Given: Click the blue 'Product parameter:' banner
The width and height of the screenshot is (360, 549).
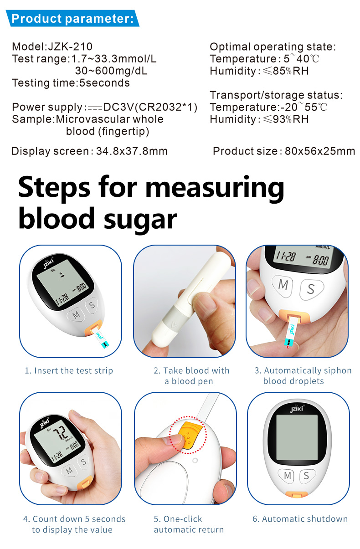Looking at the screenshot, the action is (72, 18).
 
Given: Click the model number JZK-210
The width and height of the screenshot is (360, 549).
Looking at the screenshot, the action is (70, 46).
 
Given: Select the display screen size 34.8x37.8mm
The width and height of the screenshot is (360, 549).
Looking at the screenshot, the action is (132, 151).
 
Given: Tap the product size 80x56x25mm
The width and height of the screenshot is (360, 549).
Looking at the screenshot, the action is (320, 151).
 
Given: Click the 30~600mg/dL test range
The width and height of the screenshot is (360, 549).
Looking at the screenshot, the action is (111, 71).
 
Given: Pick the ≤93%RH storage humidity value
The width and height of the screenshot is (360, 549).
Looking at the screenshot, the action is (286, 119).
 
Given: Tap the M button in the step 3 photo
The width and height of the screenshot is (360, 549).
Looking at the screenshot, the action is (283, 286).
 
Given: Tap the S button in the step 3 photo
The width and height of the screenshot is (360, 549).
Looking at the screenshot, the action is (311, 289).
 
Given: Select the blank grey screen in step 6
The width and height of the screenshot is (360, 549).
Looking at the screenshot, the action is (297, 437).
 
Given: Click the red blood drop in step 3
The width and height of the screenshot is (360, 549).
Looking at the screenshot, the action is (288, 347).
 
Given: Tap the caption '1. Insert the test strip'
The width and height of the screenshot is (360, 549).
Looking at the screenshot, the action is (69, 370).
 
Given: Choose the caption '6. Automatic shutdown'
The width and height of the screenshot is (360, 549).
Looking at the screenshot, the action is (300, 519).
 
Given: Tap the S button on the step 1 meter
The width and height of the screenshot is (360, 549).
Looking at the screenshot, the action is (92, 305).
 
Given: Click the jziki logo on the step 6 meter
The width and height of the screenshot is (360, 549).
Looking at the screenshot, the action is (297, 408).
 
